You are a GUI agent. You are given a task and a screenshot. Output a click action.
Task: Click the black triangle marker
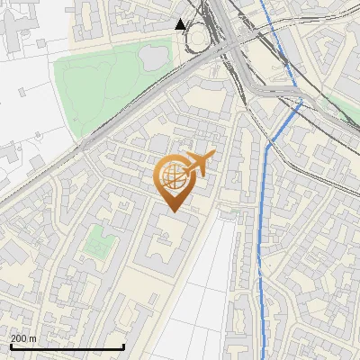[x=181, y=24]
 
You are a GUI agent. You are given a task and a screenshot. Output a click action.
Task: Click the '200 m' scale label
[x=23, y=338]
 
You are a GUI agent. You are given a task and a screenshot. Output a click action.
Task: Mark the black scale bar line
[x=67, y=347]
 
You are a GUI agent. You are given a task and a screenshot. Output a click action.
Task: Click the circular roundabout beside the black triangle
[x=199, y=40]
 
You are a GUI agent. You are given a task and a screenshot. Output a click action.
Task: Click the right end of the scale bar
[x=123, y=347]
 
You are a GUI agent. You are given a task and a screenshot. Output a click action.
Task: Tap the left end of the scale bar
[x=10, y=347]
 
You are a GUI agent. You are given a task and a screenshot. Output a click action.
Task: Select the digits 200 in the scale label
[x=19, y=338]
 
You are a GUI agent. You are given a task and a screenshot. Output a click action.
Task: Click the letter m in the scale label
[x=33, y=338]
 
